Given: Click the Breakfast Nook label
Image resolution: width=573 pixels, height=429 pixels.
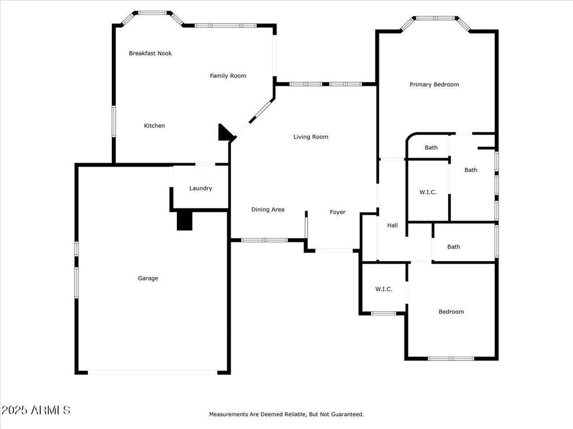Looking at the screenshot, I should coord(150,54).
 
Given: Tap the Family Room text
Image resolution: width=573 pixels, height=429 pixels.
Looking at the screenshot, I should coord(228,76).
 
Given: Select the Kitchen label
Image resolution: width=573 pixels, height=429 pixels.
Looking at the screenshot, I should coord(154,126).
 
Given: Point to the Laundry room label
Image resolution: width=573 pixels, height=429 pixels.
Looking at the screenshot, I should coord(200,188).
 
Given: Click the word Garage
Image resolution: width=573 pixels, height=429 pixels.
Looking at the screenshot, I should coord(148,278).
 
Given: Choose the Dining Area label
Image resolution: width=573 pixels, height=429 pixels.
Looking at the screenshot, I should coord(267,209).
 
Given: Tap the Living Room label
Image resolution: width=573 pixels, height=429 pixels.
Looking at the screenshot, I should coord(311,137).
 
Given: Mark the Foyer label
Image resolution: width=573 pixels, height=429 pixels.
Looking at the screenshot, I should coord(337,212).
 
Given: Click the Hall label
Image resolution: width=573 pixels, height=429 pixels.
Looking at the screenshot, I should coord(392,226).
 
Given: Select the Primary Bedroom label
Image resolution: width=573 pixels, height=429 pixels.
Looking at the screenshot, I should coord(434,85).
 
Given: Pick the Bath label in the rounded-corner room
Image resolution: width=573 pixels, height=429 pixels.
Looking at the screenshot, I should coord(431,148).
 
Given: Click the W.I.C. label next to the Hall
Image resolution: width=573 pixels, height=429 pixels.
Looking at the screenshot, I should coord(428,192).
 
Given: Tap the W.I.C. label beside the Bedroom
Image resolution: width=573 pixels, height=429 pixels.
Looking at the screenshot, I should coord(383,289).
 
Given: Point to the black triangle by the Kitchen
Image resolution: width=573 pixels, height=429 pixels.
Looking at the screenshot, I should coord(225,134).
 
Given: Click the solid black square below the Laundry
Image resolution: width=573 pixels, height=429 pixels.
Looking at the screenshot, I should coord(184,220).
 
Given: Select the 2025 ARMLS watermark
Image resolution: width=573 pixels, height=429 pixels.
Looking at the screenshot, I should coord(36,410).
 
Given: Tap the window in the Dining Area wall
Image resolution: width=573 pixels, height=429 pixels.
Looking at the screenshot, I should coord(264,240).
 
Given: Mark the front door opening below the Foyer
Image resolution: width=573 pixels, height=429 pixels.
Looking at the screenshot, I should coord(334,251).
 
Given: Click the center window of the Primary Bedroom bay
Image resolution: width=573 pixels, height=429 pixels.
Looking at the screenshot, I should coord(436,18).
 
